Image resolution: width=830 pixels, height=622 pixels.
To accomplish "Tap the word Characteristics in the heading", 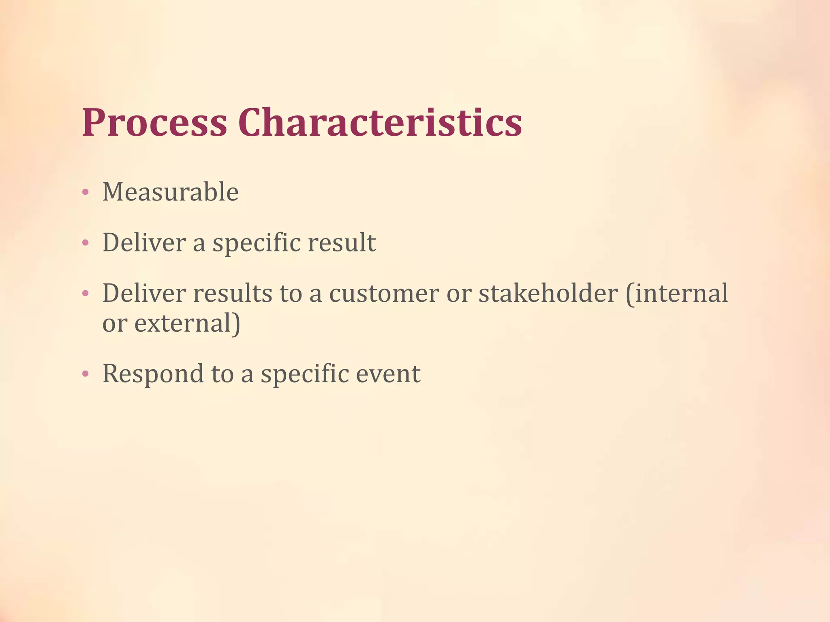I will [380, 123].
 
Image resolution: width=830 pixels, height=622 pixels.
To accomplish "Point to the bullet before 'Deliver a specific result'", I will [85, 243].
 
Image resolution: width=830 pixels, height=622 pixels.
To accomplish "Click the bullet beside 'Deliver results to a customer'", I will [85, 294].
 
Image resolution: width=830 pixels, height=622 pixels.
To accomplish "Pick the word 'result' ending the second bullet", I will [342, 243].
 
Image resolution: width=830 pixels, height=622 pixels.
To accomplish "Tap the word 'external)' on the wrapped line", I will [187, 324].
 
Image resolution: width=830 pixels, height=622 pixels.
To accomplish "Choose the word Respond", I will [153, 374].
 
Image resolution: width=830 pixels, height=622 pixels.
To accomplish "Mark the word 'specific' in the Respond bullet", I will [304, 374].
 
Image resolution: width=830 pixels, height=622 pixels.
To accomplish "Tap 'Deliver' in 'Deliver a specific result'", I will [144, 243].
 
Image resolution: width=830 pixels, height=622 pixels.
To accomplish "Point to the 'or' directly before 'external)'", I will [114, 324].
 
